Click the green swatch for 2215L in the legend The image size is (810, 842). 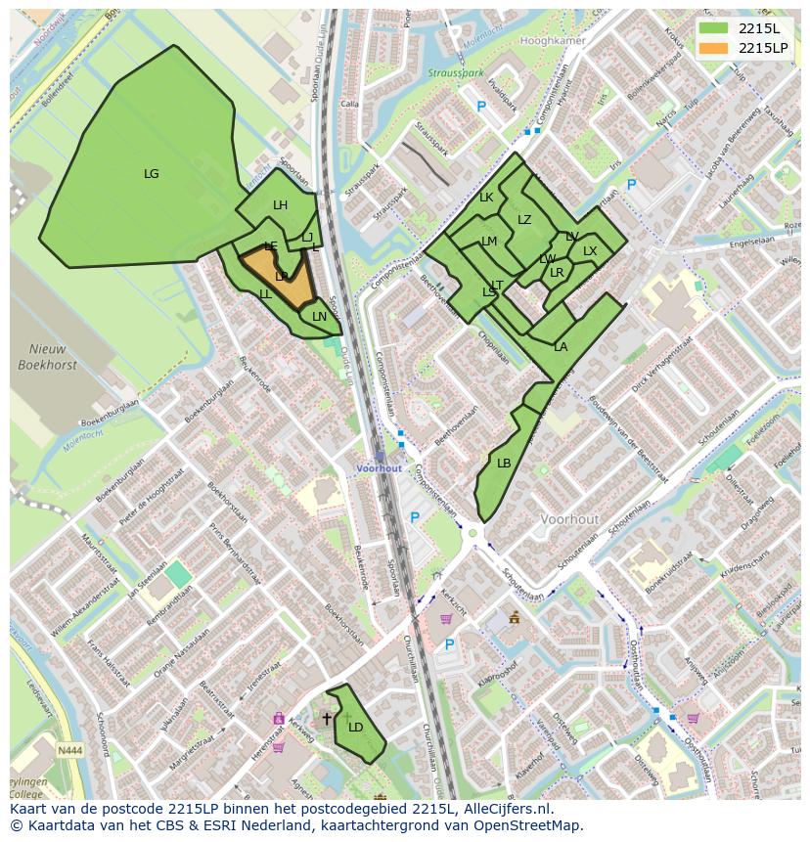pos(714,28)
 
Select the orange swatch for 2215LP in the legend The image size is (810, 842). pos(714,47)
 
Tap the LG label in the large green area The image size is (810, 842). pos(151,174)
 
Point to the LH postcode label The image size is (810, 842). pos(280,205)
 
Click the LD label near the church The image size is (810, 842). pos(355,727)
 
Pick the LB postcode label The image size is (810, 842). pos(504,464)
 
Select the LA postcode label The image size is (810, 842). pos(561,347)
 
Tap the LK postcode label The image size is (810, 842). pos(486,198)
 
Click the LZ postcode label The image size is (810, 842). pos(524,220)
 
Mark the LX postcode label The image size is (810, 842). pos(590,251)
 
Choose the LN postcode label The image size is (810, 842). pos(319,317)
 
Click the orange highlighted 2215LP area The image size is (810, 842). pos(279,279)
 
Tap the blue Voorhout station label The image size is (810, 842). pos(379,468)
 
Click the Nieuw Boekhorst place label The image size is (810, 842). pos(41,357)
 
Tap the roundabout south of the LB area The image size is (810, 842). pos(474,533)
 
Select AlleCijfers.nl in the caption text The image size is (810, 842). pos(509,809)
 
